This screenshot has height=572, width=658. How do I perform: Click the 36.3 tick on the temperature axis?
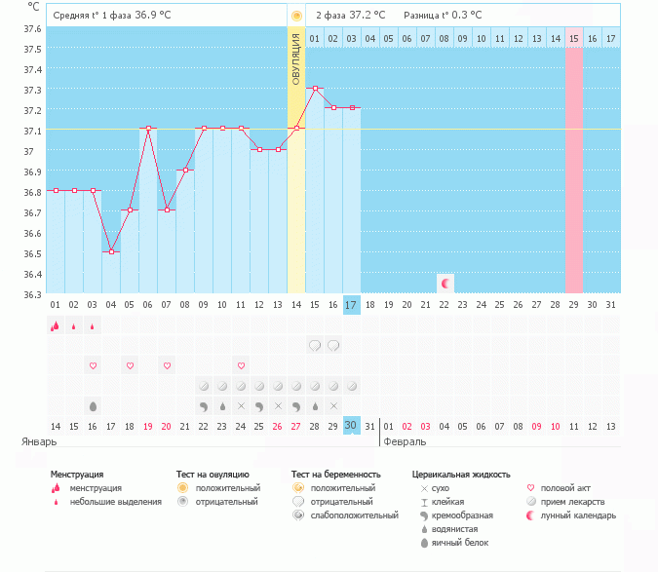[x=33, y=294]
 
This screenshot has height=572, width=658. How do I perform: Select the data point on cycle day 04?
[x=112, y=251]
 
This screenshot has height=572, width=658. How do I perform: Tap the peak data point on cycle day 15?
[x=315, y=89]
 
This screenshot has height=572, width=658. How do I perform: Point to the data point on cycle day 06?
[x=148, y=129]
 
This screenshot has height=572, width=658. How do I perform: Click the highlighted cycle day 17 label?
[x=352, y=305]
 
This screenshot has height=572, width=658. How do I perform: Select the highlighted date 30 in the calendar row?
[x=352, y=425]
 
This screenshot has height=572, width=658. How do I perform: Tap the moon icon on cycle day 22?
[x=445, y=283]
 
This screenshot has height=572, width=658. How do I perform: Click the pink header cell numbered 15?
[x=574, y=38]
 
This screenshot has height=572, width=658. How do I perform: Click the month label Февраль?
[x=404, y=441]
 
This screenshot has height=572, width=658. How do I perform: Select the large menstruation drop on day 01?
[x=56, y=326]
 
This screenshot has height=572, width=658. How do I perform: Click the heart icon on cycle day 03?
[x=94, y=365]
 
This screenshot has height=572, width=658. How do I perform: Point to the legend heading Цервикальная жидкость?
[x=461, y=474]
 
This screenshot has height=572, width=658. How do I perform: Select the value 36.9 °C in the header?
[x=159, y=16]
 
